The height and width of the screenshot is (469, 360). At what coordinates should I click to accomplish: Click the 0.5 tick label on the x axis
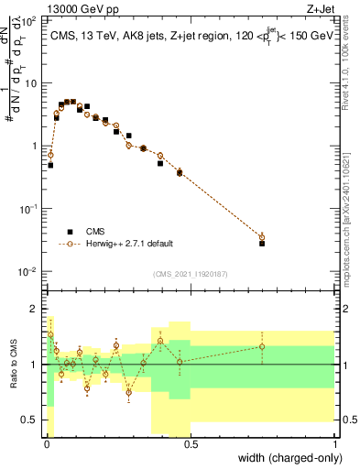coord(190,445)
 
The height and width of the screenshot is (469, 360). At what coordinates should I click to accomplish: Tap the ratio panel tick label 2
coord(35,309)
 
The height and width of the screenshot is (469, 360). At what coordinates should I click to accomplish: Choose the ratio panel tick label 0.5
coord(30,420)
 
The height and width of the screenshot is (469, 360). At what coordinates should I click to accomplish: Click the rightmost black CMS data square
coord(262,244)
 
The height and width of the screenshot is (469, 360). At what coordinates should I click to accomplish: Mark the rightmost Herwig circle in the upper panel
coord(262,237)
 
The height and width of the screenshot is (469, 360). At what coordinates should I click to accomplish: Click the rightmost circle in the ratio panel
coord(262,346)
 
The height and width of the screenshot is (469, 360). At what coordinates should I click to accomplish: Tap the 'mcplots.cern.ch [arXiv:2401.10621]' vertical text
coord(351,211)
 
